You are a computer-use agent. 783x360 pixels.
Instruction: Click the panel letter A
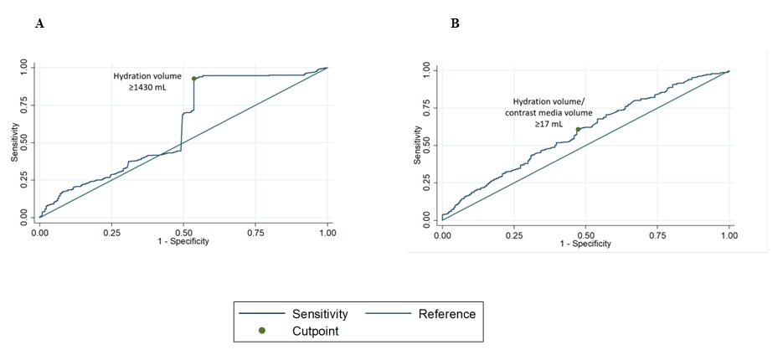pyautogui.click(x=39, y=24)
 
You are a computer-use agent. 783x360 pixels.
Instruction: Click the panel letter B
pyautogui.click(x=455, y=24)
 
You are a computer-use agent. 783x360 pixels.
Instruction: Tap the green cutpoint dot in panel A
pyautogui.click(x=194, y=79)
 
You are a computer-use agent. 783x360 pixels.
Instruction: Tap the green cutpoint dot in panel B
pyautogui.click(x=578, y=129)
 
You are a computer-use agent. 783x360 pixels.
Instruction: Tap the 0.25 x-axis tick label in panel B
pyautogui.click(x=513, y=235)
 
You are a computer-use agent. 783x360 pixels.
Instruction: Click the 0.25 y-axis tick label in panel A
pyautogui.click(x=28, y=179)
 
